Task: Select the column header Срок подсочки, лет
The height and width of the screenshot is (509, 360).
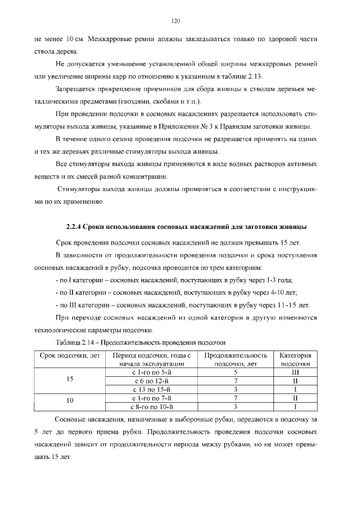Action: click(70, 355)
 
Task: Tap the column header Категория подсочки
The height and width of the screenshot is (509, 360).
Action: click(295, 359)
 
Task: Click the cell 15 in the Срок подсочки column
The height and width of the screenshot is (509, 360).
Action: click(70, 380)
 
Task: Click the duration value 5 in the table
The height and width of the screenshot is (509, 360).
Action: click(236, 372)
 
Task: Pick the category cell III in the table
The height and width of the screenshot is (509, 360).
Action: click(295, 372)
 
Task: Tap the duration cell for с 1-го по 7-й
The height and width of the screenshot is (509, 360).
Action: click(236, 398)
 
